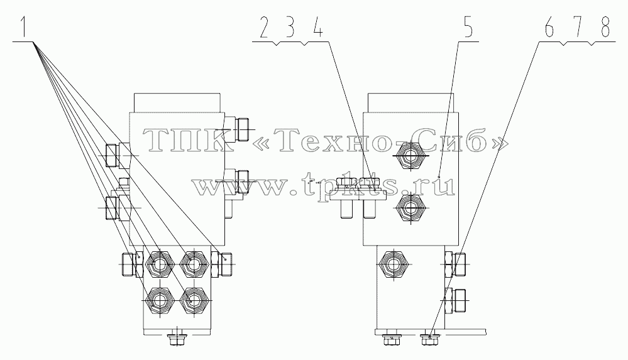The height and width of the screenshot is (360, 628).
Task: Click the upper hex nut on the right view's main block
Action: pos(410,155)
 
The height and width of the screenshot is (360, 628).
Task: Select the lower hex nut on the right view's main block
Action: pos(410,207)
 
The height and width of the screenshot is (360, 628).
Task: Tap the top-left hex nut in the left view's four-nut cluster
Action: pos(160,264)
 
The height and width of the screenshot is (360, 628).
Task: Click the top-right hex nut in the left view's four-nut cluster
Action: pos(194,264)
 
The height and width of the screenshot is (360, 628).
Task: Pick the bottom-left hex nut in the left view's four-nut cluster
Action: pos(160,301)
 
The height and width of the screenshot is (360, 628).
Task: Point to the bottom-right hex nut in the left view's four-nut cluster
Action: pos(194,301)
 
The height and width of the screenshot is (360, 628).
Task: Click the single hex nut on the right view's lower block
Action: pos(394,264)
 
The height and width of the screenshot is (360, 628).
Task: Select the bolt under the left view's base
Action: pos(177,339)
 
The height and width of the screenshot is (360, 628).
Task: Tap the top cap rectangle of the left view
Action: pos(177,102)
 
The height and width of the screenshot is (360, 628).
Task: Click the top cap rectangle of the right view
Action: pos(410,102)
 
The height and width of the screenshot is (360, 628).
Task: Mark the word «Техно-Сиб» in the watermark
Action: pos(382,141)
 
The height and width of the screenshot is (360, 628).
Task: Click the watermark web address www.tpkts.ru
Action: pos(324,185)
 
